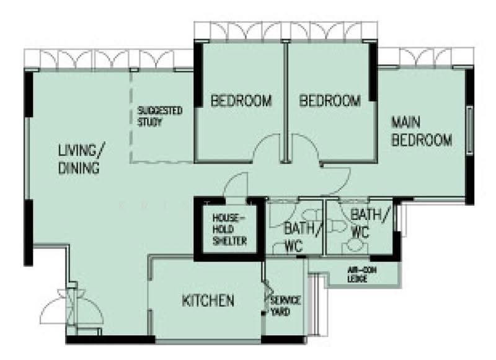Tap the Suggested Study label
click(x=160, y=116)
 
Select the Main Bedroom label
click(x=422, y=131)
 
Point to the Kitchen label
click(x=208, y=301)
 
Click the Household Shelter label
click(x=229, y=229)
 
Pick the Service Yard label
click(x=285, y=306)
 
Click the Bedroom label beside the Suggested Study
click(x=241, y=101)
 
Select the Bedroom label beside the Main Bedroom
click(x=330, y=101)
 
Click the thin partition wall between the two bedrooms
click(x=286, y=103)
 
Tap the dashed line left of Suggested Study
click(x=131, y=117)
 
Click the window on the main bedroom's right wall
click(x=470, y=130)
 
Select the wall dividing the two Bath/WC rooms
click(x=324, y=227)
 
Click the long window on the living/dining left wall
click(x=28, y=158)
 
